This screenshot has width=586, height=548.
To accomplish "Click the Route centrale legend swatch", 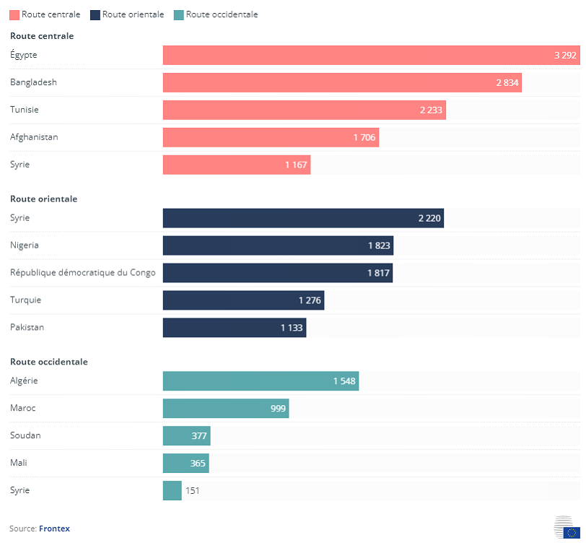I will (x=14, y=14).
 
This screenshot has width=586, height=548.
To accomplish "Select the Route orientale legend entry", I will (x=127, y=14).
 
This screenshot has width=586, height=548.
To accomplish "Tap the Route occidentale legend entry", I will (x=216, y=14).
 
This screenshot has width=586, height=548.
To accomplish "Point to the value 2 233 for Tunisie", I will (x=431, y=110).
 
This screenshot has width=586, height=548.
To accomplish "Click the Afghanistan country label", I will (x=34, y=137).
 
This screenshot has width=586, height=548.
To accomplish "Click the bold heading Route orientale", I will (x=43, y=199).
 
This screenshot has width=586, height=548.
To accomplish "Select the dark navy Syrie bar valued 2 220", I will (x=303, y=219).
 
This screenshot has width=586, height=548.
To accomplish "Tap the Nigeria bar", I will (x=278, y=245).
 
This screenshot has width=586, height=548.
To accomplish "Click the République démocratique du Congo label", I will (x=82, y=273).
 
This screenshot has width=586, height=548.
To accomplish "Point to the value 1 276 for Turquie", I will (x=310, y=300).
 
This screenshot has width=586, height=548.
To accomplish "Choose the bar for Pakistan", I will (x=235, y=328).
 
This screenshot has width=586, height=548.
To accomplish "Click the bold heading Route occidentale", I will (x=48, y=362).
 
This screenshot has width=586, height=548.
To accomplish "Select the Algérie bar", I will (x=261, y=381).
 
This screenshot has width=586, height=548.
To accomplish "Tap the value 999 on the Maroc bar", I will (x=279, y=409).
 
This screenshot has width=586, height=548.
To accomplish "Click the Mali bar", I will (x=185, y=464).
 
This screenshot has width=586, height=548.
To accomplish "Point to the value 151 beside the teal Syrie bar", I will (x=193, y=491).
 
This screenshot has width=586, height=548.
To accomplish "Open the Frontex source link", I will (x=54, y=529).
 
